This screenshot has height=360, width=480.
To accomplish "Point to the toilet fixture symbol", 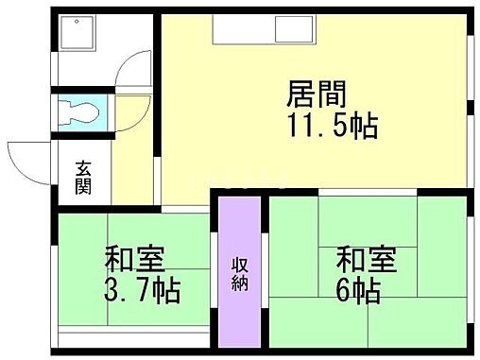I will tap(80, 111).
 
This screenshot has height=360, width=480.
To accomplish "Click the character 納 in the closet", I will tap(240, 283).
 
